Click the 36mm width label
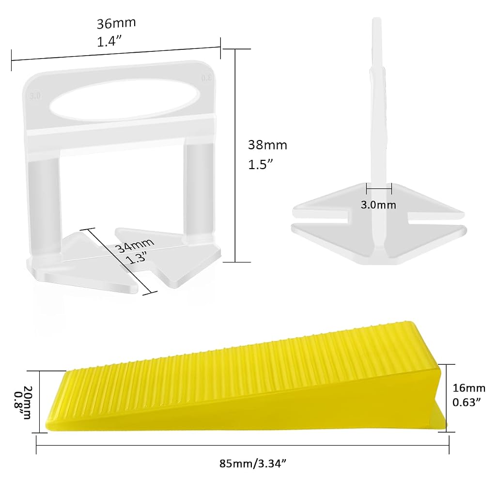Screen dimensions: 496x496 116,23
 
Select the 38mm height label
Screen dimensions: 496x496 267,145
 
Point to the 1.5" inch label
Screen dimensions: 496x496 260,164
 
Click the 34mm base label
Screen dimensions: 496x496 135,244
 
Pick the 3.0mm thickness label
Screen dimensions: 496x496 378,205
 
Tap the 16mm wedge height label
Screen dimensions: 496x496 469,388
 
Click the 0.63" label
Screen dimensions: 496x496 466,403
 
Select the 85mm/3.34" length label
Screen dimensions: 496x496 253,464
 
